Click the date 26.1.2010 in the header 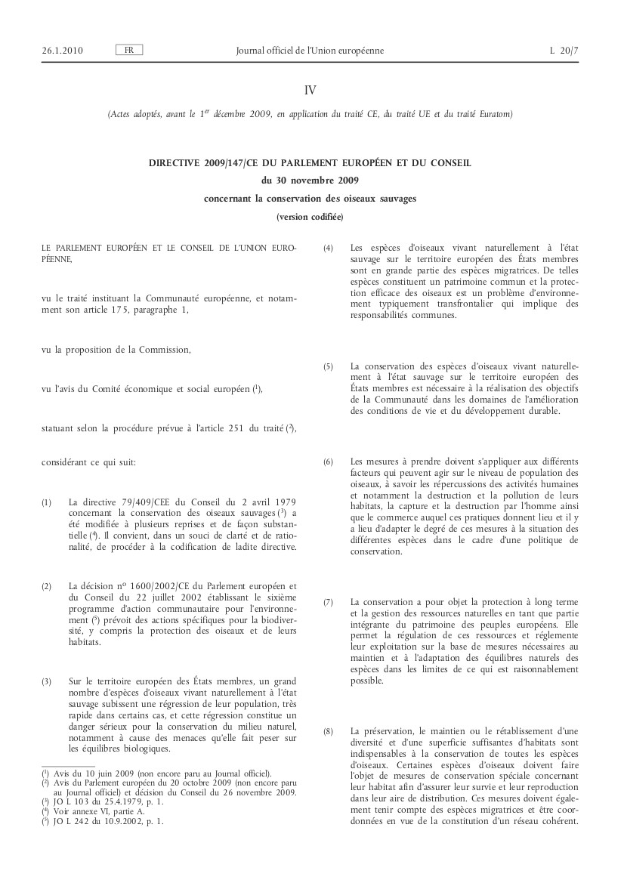pos(63,51)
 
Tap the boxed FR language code pos(129,51)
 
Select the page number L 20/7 pos(564,51)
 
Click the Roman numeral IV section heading pos(310,90)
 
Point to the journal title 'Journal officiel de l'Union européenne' pos(310,51)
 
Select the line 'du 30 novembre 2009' pos(310,181)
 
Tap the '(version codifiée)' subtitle pos(310,217)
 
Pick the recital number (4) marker pos(328,248)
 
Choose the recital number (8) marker pos(328,732)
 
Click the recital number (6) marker pos(328,461)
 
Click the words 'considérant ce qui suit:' pos(88,461)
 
